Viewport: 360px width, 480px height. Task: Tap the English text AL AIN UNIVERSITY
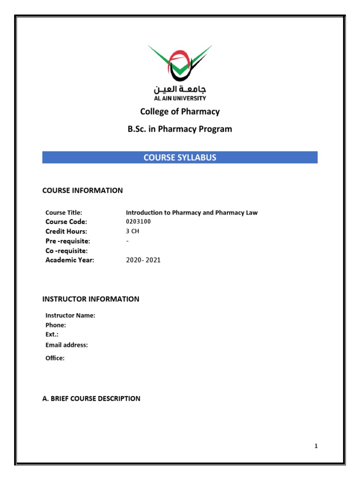pyautogui.click(x=180, y=98)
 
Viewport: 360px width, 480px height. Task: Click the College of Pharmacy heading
pyautogui.click(x=180, y=112)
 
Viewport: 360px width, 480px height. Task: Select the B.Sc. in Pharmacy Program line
pyautogui.click(x=180, y=129)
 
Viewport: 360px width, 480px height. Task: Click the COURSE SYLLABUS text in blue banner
pyautogui.click(x=180, y=157)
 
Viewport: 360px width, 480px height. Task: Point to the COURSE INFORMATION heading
pyautogui.click(x=82, y=190)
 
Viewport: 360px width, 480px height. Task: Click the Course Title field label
pyautogui.click(x=64, y=213)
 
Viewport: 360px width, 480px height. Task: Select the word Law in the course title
pyautogui.click(x=251, y=213)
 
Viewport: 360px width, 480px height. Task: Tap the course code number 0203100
pyautogui.click(x=139, y=222)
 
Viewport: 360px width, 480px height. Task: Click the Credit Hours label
pyautogui.click(x=66, y=232)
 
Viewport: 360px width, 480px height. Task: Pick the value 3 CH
pyautogui.click(x=133, y=232)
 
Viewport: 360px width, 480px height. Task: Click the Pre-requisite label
pyautogui.click(x=67, y=241)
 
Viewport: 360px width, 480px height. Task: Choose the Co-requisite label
pyautogui.click(x=67, y=251)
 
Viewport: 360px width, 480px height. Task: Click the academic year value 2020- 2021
pyautogui.click(x=143, y=260)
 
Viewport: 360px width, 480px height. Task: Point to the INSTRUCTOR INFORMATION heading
pyautogui.click(x=90, y=299)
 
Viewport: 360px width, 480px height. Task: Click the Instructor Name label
pyautogui.click(x=70, y=315)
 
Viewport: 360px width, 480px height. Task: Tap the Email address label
pyautogui.click(x=67, y=345)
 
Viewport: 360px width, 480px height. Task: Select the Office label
pyautogui.click(x=55, y=358)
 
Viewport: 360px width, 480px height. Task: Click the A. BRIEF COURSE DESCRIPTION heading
pyautogui.click(x=91, y=398)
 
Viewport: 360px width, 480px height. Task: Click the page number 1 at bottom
pyautogui.click(x=316, y=446)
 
